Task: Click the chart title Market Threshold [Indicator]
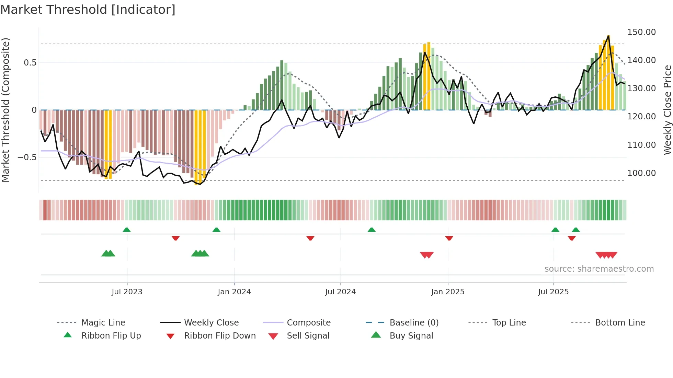[88, 10]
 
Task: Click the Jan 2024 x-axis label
[234, 292]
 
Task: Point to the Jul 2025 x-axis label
[553, 292]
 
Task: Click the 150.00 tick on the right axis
[641, 32]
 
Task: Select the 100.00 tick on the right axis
[641, 173]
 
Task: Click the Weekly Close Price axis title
[667, 110]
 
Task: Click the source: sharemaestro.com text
[599, 269]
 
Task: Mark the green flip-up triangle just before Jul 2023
[127, 230]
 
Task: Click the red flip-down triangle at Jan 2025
[449, 238]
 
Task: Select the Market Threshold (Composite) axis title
[5, 110]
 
